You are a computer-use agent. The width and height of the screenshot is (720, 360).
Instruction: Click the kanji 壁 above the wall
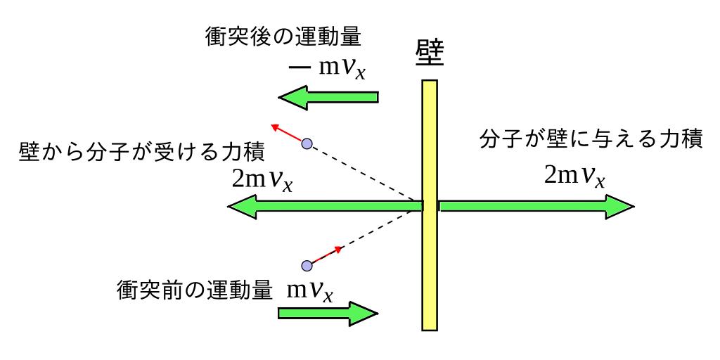point(429,54)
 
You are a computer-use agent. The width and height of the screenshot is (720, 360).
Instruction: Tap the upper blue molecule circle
point(306,144)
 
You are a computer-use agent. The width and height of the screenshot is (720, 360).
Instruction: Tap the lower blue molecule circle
point(306,266)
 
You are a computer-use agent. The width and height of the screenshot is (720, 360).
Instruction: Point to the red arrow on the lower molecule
point(328,255)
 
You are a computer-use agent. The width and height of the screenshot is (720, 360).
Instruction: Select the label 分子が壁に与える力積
point(591,139)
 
